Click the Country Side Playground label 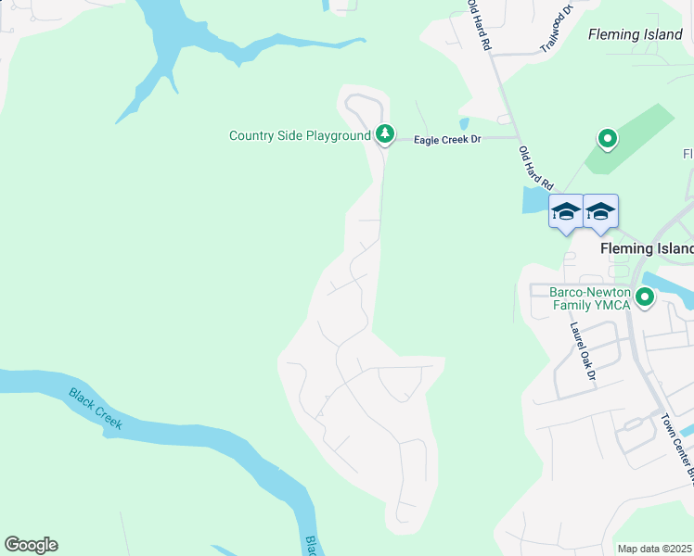click(300, 136)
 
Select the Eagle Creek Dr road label click(447, 139)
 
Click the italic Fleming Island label click(636, 34)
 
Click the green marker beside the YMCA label click(644, 297)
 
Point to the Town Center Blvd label click(677, 446)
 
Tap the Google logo click(31, 545)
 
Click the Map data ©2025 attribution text click(653, 549)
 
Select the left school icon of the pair click(565, 212)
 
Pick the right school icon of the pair click(600, 212)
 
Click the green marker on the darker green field click(608, 140)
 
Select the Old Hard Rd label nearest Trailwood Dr click(480, 25)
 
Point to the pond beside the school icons click(535, 200)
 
